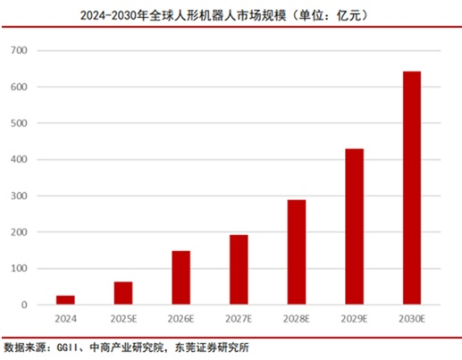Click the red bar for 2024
tap(65, 300)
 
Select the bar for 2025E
tap(123, 293)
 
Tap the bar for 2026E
tap(181, 278)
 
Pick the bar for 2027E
tap(239, 270)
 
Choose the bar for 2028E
tap(297, 252)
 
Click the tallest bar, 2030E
tap(412, 188)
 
